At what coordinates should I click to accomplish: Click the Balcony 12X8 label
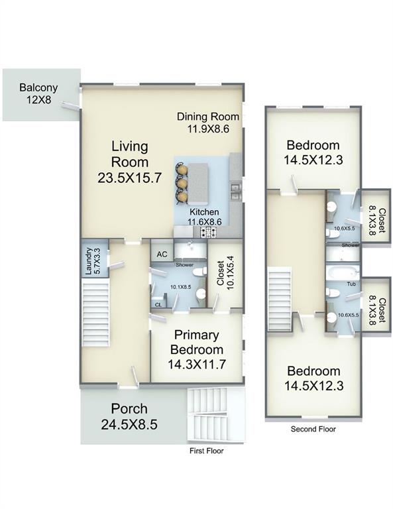tap(38, 93)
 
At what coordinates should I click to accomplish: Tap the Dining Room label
tap(208, 117)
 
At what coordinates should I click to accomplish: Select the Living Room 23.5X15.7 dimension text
tap(129, 178)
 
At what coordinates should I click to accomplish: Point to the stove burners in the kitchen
tap(209, 232)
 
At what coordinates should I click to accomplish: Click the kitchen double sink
tap(235, 192)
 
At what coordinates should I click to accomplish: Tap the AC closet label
tap(162, 254)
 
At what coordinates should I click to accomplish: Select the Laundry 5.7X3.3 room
tap(94, 258)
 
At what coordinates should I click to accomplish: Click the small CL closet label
tap(158, 305)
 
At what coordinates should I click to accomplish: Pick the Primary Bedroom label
tap(197, 342)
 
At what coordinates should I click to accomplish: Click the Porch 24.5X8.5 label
tap(129, 416)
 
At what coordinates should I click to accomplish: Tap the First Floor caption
tap(206, 451)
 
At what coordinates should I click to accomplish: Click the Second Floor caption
tap(313, 429)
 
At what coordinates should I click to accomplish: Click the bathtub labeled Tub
tap(343, 272)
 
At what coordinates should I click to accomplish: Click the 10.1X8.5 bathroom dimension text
tap(181, 287)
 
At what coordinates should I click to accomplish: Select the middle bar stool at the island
tap(182, 184)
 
